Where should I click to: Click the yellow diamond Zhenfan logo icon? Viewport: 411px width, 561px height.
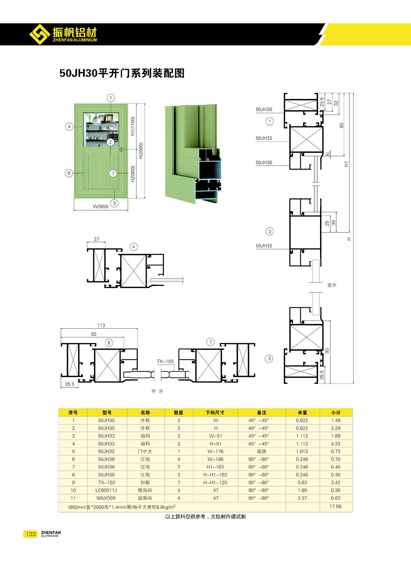[40, 34]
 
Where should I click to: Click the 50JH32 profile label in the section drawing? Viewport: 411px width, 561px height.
[264, 246]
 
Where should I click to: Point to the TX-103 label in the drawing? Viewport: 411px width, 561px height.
[165, 361]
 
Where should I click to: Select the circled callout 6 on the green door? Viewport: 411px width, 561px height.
[69, 173]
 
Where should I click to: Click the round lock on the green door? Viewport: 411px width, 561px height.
[121, 149]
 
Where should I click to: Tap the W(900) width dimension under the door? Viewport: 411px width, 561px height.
[101, 206]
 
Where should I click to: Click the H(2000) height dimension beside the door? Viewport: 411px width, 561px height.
[141, 151]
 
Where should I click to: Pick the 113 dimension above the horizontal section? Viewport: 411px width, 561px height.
[101, 325]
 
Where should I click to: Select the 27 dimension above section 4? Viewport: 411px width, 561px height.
[96, 239]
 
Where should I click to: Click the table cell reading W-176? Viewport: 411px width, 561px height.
[216, 451]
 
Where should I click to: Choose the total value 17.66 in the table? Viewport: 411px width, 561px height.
[336, 506]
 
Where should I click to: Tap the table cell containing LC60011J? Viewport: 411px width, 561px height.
[107, 490]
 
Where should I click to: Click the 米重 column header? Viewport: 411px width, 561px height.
[302, 412]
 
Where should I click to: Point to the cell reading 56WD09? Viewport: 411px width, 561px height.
[107, 498]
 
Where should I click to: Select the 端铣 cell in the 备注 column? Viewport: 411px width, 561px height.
[261, 451]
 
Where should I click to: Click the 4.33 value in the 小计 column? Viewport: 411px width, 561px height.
[336, 443]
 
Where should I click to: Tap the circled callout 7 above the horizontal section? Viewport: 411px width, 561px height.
[210, 342]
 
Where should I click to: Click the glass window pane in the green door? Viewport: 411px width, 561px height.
[101, 130]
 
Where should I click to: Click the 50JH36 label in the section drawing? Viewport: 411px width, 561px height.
[264, 162]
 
